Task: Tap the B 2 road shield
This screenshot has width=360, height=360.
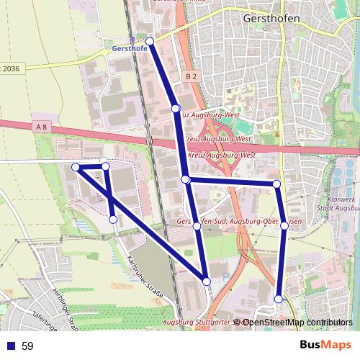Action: tap(190, 76)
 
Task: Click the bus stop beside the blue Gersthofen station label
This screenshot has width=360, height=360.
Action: tap(150, 41)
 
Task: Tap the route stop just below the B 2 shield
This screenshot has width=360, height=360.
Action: tap(175, 108)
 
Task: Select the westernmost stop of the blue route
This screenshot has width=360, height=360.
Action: tap(76, 167)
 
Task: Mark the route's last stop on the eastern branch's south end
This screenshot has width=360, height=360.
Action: tap(279, 298)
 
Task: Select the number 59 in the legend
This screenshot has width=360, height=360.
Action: tap(27, 346)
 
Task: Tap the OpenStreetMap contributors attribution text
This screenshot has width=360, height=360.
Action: tap(297, 323)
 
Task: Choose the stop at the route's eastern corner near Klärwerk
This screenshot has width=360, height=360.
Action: tap(276, 184)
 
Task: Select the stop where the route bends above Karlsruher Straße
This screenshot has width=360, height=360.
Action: tap(113, 219)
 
